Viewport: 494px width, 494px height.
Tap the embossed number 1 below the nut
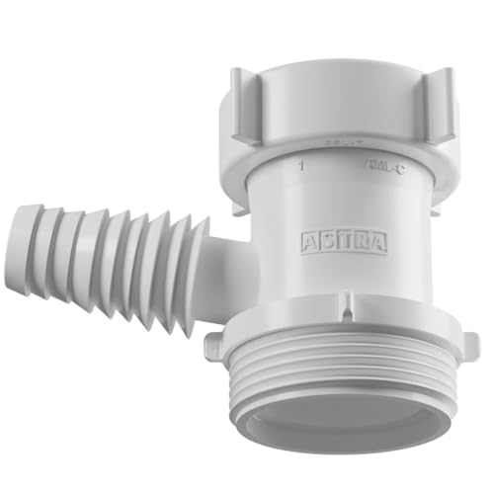coord(298,167)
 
